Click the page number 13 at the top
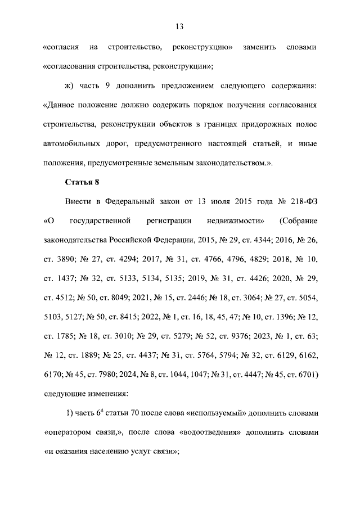click(180, 26)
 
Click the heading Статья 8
click(83, 181)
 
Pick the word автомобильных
click(70, 144)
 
